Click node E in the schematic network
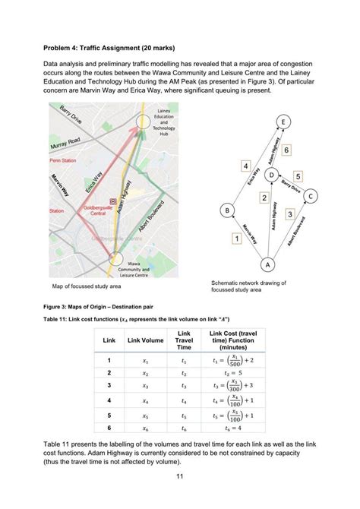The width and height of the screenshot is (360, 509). [x=283, y=122]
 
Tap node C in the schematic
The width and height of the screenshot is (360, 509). [x=309, y=196]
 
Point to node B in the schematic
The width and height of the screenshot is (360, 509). [x=226, y=210]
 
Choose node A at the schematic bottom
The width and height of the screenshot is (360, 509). [x=267, y=264]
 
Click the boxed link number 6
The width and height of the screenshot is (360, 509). [x=286, y=150]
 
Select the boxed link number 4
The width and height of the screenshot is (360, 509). [x=246, y=166]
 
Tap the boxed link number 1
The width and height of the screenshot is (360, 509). [x=237, y=238]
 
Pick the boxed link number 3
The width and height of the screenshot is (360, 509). [x=290, y=214]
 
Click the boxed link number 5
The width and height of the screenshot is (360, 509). [x=298, y=176]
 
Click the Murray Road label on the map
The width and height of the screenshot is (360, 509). [x=65, y=144]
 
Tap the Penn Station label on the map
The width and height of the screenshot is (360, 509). [x=64, y=161]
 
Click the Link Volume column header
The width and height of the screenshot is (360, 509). [x=146, y=340]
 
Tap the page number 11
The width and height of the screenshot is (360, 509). [x=180, y=476]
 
